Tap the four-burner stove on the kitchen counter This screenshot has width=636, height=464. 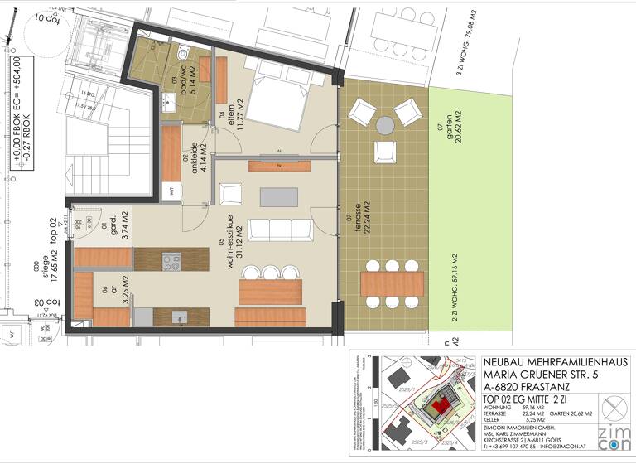coord(172,263)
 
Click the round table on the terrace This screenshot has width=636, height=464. coord(386,125)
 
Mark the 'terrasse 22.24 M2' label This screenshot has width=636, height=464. coord(361,219)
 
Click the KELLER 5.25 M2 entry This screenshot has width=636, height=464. coord(513,420)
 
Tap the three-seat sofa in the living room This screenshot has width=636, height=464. coord(272,230)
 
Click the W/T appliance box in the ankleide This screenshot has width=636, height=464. coord(171,190)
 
